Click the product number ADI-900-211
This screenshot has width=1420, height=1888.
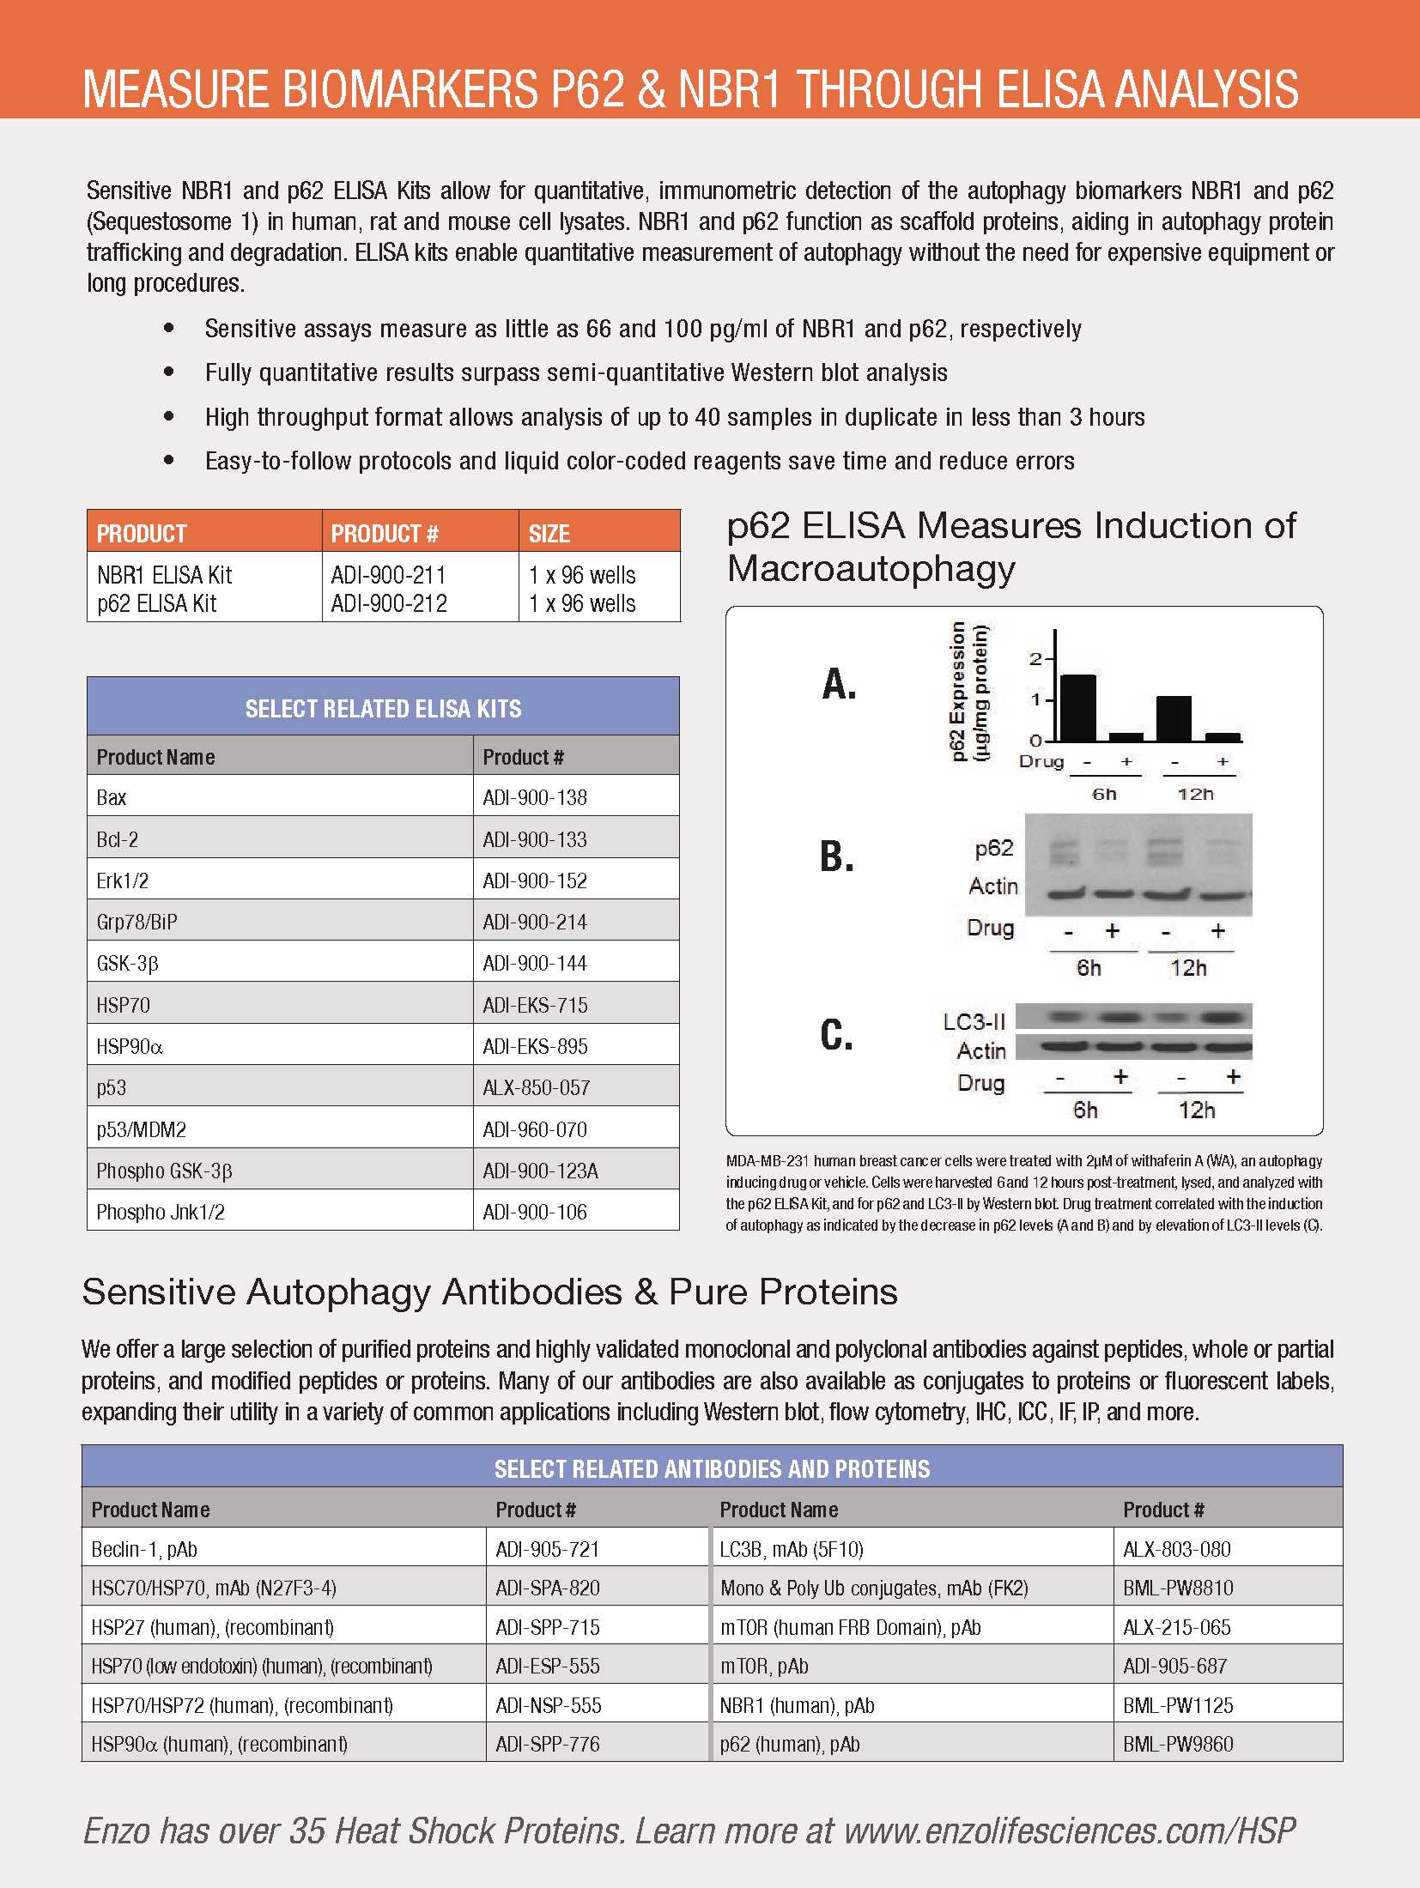pos(389,575)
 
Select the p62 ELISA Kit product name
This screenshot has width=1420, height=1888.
pos(157,604)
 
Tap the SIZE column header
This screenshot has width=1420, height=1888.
pos(549,534)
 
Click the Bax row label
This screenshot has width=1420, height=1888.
pos(112,798)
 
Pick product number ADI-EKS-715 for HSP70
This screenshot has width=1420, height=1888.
pos(535,1005)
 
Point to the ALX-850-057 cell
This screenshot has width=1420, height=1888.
pos(536,1088)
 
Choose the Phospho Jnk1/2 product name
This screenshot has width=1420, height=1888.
pos(161,1212)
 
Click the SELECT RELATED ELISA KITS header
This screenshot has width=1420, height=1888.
pos(383,709)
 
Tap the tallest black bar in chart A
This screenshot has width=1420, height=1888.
pos(1078,707)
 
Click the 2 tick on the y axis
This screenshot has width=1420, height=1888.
pos(1035,659)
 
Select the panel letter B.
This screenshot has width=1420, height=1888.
pos(837,856)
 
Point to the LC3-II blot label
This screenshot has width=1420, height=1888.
pos(974,1021)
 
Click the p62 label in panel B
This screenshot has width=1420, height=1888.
pos(994,848)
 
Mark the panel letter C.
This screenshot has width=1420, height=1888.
pos(837,1035)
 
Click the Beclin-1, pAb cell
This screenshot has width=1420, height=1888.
pos(144,1549)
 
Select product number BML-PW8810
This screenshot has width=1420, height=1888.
pos(1178,1588)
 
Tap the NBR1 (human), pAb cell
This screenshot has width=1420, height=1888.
pos(797,1705)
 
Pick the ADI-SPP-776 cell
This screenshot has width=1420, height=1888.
pos(548,1744)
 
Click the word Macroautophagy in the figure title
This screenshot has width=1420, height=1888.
pos(871,568)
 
